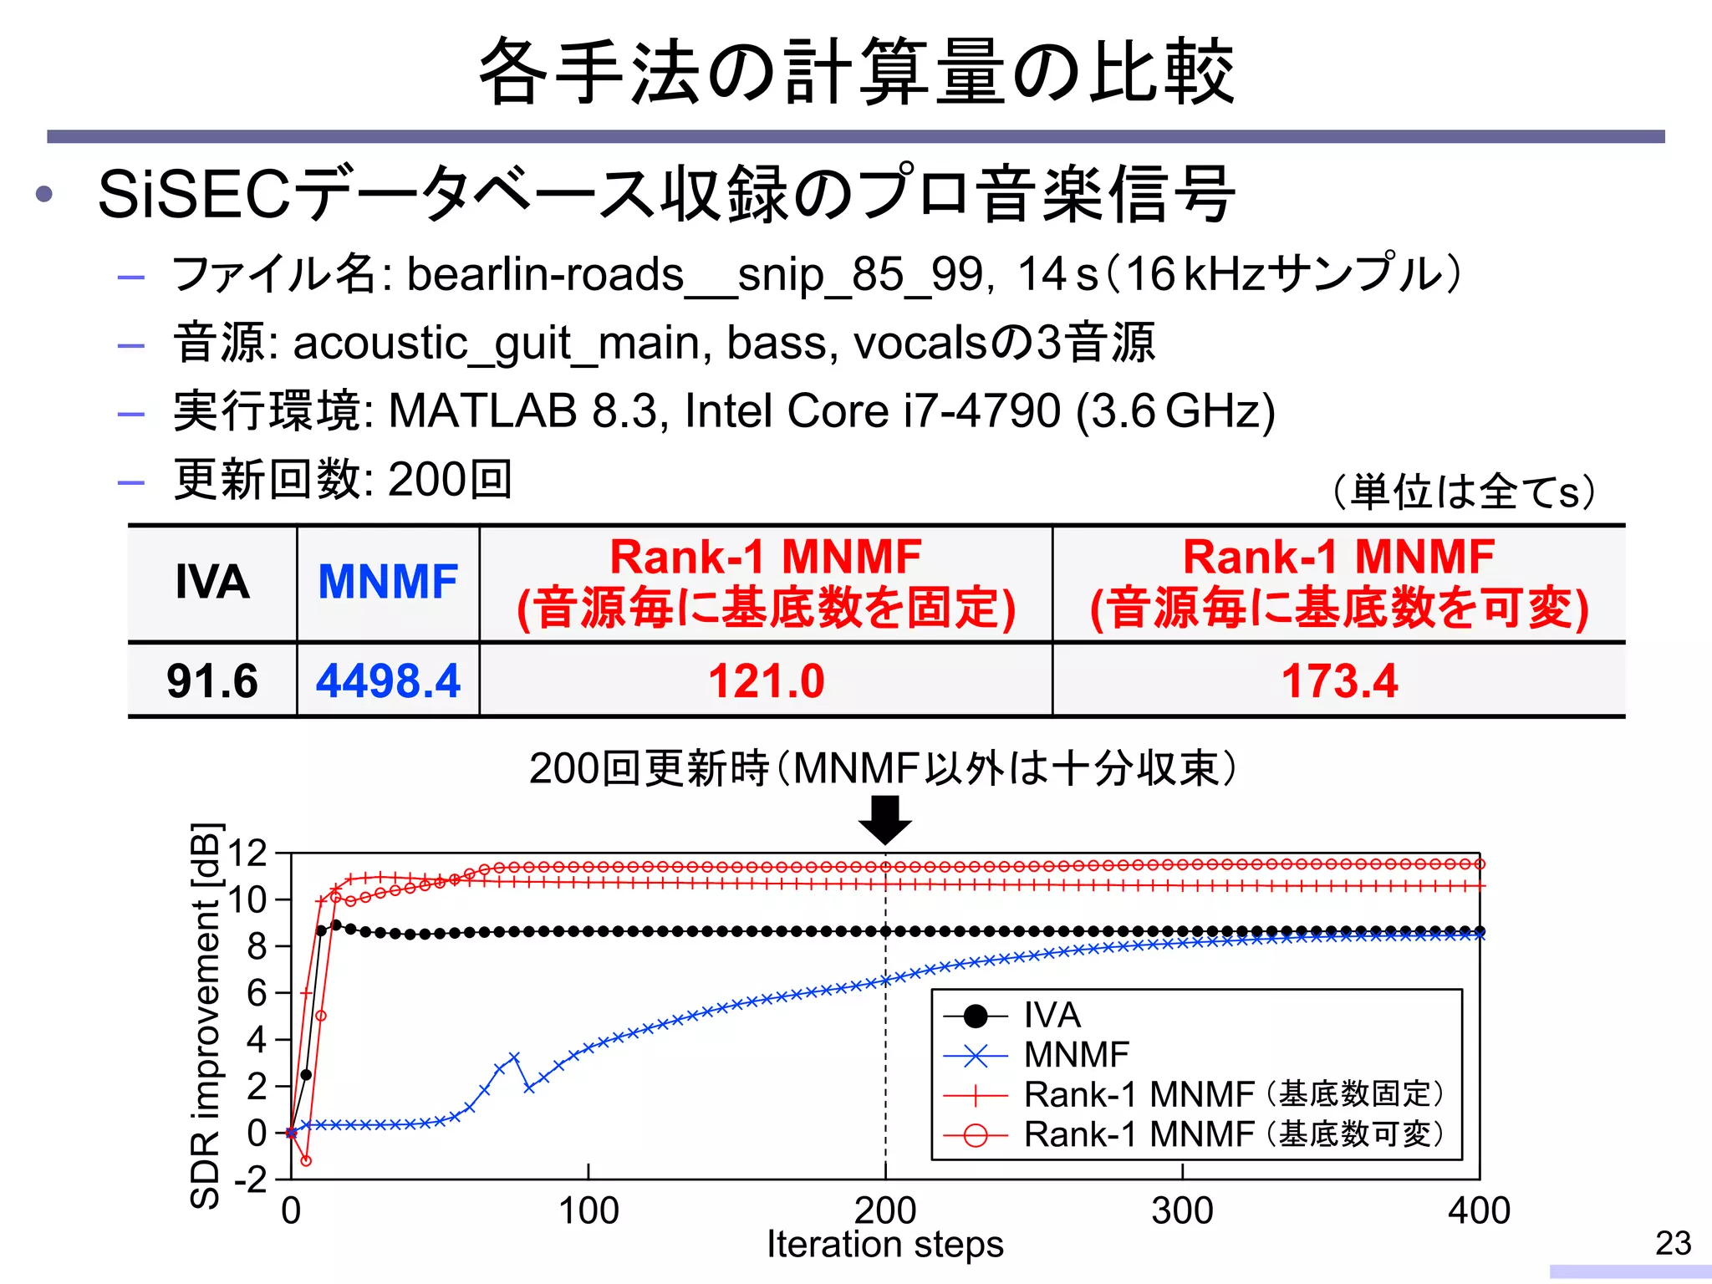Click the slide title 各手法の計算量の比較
(856, 72)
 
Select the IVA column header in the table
(212, 582)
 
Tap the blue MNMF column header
(388, 582)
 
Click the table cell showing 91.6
(212, 680)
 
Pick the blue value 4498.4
(388, 680)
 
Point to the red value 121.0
(766, 680)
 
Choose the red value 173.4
(1339, 680)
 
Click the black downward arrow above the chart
(885, 820)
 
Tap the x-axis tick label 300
(1182, 1210)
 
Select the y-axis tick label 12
(247, 853)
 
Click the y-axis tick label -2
(250, 1180)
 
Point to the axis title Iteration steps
(885, 1244)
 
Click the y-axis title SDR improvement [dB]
(205, 1016)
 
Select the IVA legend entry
(1052, 1016)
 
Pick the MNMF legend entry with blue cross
(1077, 1055)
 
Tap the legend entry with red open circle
(1233, 1134)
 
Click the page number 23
(1673, 1243)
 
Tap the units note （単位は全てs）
(1464, 491)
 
